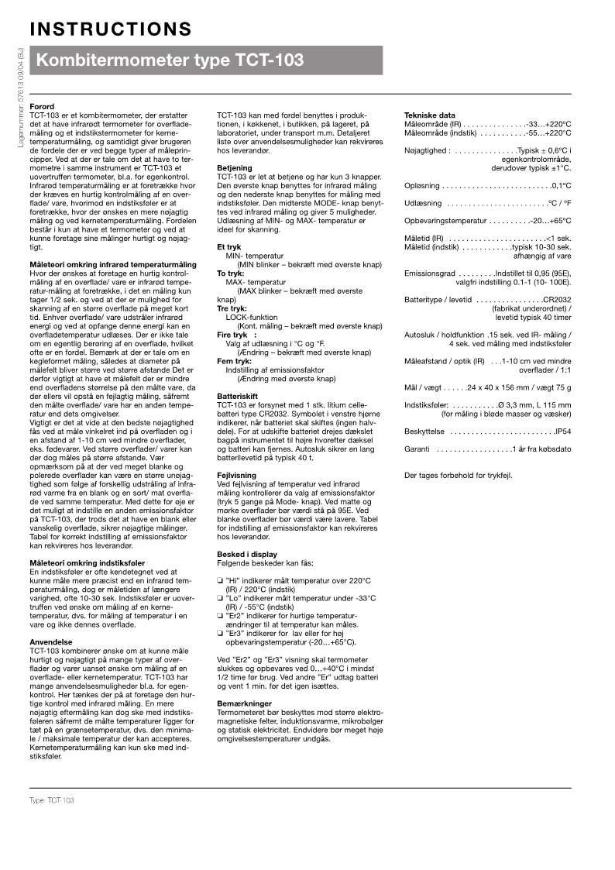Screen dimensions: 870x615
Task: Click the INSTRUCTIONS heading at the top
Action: pyautogui.click(x=111, y=29)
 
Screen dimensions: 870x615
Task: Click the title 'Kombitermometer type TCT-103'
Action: pyautogui.click(x=170, y=60)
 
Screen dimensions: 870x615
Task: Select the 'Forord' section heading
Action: pyautogui.click(x=41, y=106)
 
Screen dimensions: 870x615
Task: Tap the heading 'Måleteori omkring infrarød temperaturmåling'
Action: pyautogui.click(x=112, y=265)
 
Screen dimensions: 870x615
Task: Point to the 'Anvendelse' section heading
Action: pyautogui.click(x=51, y=642)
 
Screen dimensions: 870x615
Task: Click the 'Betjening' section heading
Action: pyautogui.click(x=235, y=167)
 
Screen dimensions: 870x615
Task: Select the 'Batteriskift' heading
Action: pyautogui.click(x=238, y=395)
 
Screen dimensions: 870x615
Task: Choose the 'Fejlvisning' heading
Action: pyautogui.click(x=236, y=474)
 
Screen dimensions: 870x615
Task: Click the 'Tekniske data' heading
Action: pyautogui.click(x=431, y=115)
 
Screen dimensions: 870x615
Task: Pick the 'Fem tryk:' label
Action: pyautogui.click(x=233, y=361)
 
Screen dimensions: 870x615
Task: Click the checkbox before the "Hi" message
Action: pyautogui.click(x=220, y=581)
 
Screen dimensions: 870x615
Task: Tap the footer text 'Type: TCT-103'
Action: pyautogui.click(x=52, y=799)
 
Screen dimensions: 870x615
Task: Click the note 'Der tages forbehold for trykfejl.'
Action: pyautogui.click(x=459, y=475)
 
